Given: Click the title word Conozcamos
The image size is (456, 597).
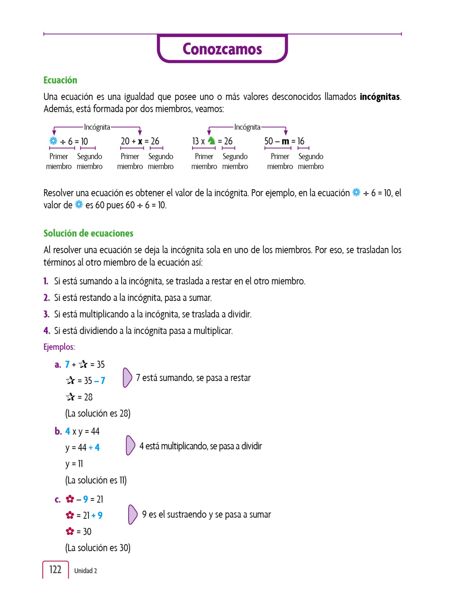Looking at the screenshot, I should click(222, 49).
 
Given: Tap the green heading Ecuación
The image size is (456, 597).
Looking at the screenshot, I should click(60, 80).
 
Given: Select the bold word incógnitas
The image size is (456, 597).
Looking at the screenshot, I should click(379, 97).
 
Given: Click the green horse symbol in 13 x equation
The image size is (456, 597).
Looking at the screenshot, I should click(211, 141).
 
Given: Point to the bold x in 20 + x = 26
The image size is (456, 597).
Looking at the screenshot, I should click(140, 141).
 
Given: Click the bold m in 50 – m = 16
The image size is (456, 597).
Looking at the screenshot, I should click(285, 141).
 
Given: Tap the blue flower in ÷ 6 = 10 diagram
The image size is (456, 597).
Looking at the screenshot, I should click(53, 141).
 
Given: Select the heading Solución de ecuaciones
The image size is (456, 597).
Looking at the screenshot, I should click(88, 233).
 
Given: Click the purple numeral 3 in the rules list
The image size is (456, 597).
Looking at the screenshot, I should click(46, 314).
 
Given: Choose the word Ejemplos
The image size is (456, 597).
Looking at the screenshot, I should click(59, 347).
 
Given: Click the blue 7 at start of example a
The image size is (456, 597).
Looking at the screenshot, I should click(67, 364).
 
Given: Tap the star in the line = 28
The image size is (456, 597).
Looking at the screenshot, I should click(70, 397).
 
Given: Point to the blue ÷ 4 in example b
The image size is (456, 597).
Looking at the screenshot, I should click(94, 447).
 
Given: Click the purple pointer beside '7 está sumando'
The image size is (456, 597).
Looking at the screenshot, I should click(127, 378).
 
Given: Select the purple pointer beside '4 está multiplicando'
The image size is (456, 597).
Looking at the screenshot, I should click(130, 445).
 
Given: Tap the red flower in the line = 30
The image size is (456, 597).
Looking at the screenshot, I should click(70, 531).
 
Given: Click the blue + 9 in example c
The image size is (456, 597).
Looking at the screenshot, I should click(97, 515).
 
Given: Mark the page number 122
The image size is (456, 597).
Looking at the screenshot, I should click(55, 569).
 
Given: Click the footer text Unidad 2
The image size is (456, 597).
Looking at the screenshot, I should click(85, 571).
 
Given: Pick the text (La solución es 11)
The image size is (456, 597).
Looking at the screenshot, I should click(96, 480).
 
